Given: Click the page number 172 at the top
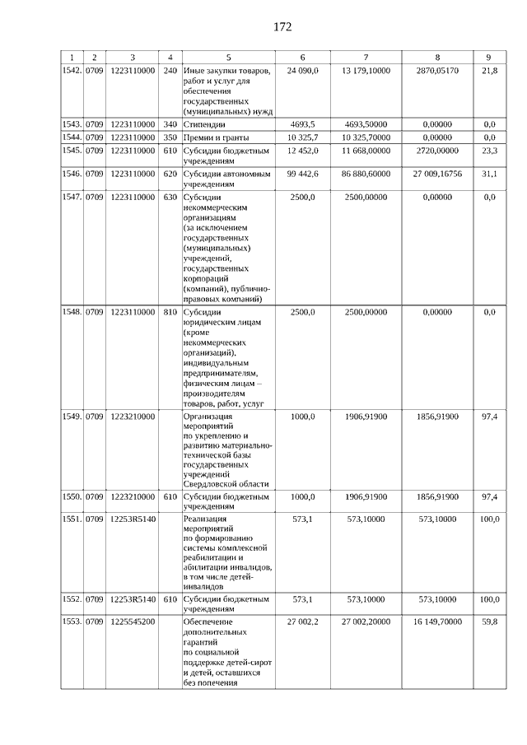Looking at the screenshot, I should [282, 27].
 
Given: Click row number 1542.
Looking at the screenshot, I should [72, 72].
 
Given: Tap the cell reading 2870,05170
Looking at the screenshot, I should [437, 72].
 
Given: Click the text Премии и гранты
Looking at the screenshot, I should [217, 137].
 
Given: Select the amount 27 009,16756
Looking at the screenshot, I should [437, 174].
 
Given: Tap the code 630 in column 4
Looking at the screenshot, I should [170, 198].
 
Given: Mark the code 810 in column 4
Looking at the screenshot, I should [170, 312].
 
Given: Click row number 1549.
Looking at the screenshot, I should [72, 417].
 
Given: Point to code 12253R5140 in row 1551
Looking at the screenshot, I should [133, 520].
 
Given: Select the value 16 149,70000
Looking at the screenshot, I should [437, 622].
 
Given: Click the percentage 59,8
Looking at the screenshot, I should [489, 622].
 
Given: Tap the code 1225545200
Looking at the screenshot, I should [133, 622].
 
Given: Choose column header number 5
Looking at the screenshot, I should [229, 57].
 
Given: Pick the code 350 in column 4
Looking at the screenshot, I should [170, 137].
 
